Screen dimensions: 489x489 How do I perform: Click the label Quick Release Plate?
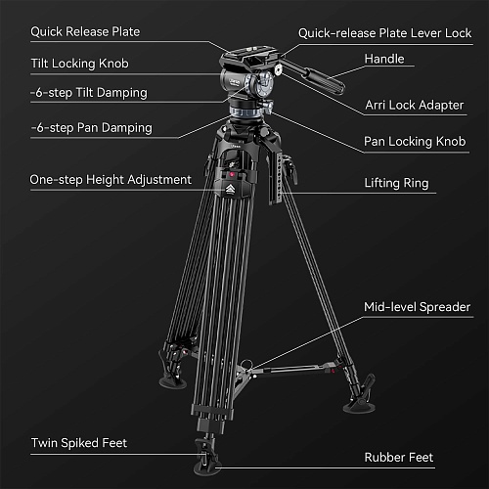85,32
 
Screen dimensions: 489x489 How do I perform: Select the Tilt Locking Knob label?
80,64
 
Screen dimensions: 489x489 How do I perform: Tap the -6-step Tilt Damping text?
89,93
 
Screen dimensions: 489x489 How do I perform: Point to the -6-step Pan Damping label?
91,128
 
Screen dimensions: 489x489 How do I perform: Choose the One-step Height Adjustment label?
111,180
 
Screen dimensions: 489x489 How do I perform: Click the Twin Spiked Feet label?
79,443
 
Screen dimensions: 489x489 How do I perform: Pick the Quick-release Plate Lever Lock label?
385,33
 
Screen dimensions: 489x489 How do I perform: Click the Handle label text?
384,59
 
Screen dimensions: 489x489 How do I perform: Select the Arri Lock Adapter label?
415,105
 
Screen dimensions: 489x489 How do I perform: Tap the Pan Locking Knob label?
415,142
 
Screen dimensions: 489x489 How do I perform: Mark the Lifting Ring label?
396,183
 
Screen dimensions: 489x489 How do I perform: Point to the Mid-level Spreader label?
418,307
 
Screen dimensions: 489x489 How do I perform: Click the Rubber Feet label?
399,458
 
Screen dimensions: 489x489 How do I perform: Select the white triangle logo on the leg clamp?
230,189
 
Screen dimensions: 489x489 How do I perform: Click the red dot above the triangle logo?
232,175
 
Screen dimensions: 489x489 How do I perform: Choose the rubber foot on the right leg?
359,406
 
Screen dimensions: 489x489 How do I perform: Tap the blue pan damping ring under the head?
245,112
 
